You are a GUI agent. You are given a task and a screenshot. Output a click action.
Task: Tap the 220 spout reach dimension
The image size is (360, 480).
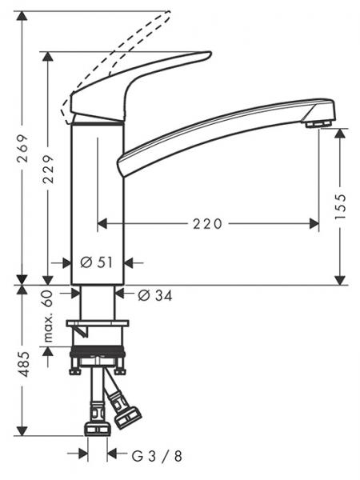click(206, 224)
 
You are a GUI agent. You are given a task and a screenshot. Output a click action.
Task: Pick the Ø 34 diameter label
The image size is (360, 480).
click(155, 295)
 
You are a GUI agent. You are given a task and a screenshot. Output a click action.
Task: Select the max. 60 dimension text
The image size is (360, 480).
click(50, 316)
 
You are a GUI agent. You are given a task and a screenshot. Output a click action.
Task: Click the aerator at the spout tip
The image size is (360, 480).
click(318, 123)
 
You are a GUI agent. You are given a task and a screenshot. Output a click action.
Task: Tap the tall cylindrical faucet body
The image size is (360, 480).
click(98, 200)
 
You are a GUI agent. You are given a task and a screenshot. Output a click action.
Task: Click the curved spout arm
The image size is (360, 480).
click(216, 128)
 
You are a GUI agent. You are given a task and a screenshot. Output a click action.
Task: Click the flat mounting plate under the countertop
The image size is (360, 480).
click(98, 323)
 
